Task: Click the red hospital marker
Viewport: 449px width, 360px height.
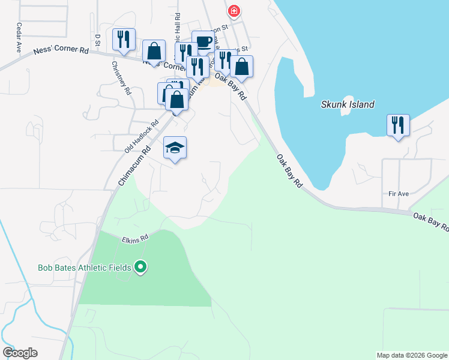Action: (x=234, y=11)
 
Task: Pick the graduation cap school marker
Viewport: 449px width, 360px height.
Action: (x=175, y=148)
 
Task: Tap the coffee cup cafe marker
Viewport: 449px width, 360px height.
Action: (x=203, y=41)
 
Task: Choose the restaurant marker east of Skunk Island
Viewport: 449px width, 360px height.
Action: (x=398, y=125)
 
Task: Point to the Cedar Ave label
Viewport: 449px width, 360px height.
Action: (x=20, y=38)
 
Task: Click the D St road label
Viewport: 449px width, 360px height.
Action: (x=97, y=39)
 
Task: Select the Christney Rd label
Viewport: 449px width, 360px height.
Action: (x=121, y=79)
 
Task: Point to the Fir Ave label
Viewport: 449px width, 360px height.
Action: (x=399, y=194)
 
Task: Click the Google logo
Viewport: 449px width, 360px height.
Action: (x=20, y=353)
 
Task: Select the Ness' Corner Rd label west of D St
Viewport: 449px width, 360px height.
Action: (x=61, y=52)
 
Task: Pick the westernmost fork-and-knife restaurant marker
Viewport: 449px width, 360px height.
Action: (x=124, y=40)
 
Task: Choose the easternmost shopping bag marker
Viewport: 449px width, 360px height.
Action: (x=241, y=67)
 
